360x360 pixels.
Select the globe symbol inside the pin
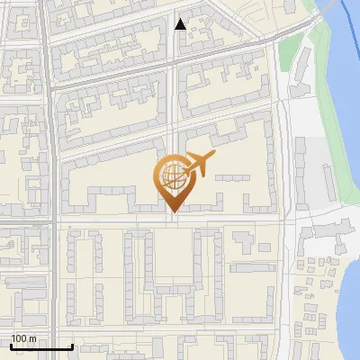171,177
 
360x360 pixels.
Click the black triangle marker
181,24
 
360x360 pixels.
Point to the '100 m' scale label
24,338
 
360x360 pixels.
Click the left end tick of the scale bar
11,345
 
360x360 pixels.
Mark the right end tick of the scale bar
72,345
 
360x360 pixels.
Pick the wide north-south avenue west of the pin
55,180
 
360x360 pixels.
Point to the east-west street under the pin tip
117,220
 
